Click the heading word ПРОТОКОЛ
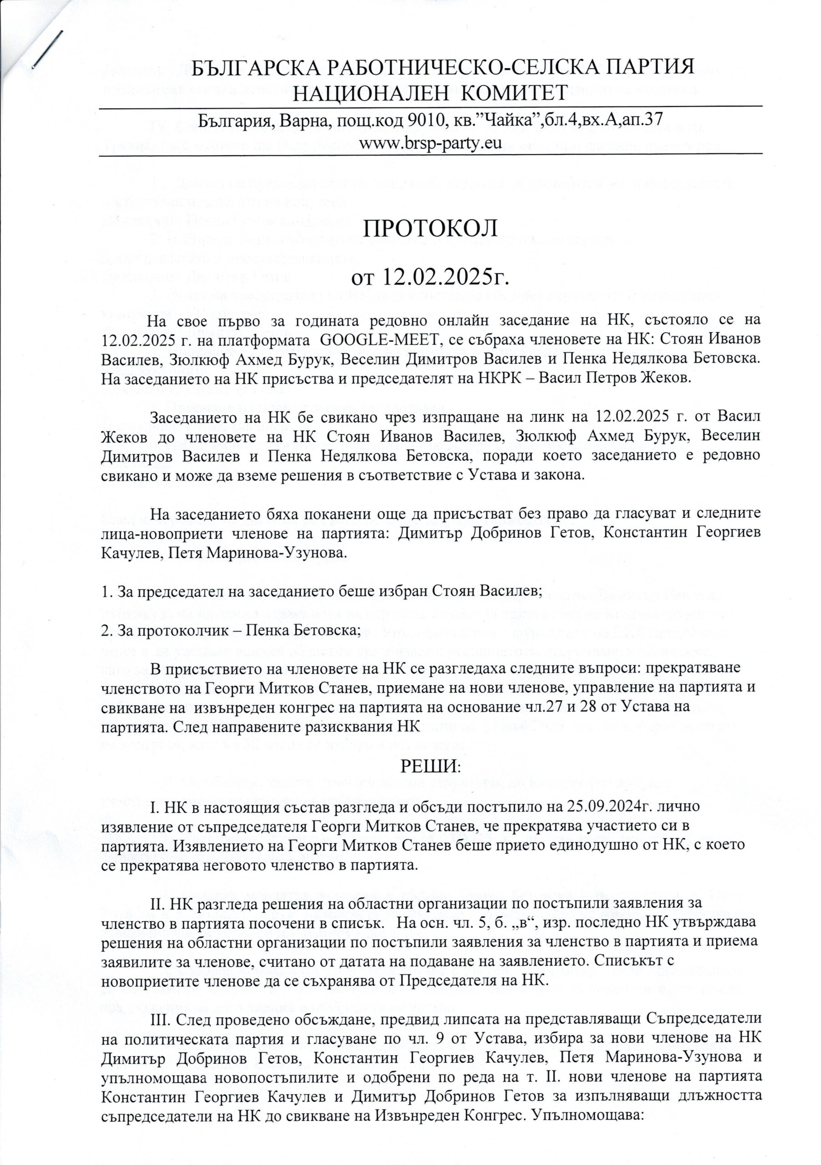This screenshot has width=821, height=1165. point(430,229)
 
